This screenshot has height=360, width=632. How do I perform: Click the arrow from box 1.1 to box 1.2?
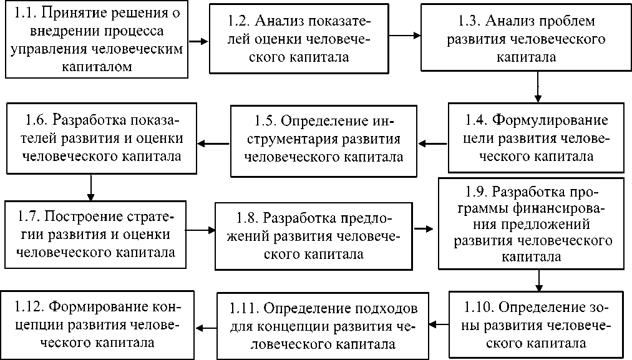point(198,42)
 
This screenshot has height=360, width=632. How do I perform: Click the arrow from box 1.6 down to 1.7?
point(91,187)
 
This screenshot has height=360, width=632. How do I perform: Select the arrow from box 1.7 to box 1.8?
point(200,230)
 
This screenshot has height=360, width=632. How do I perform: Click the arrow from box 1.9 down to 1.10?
point(538,280)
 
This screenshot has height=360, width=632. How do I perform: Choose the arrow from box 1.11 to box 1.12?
point(207,325)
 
